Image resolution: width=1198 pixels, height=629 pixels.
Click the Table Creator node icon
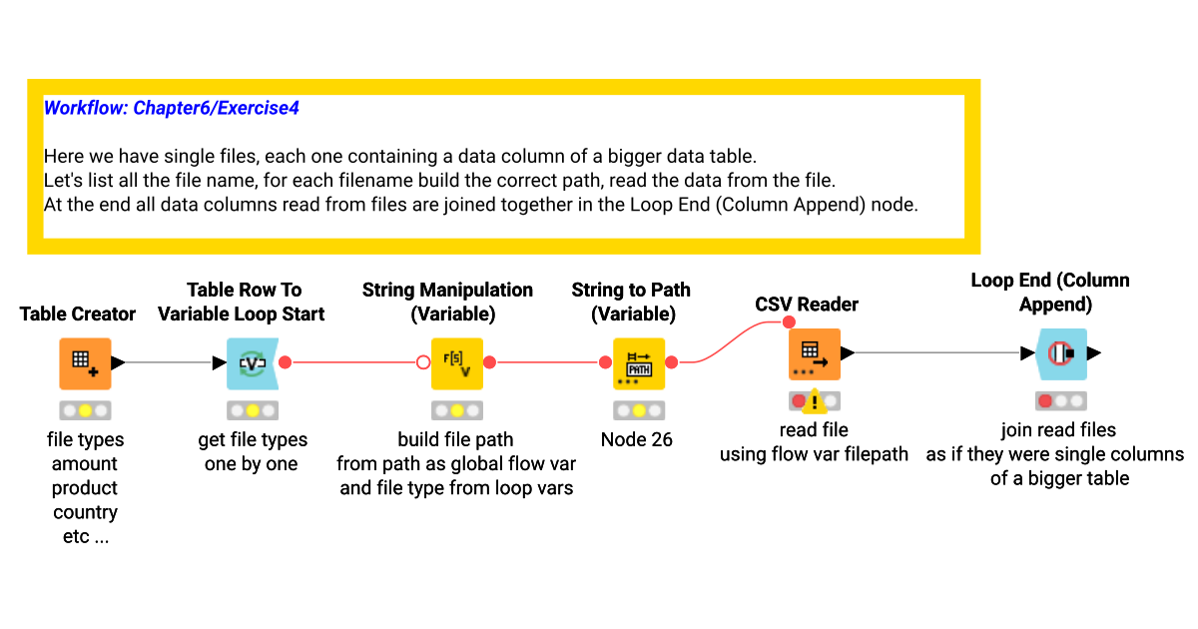(x=85, y=363)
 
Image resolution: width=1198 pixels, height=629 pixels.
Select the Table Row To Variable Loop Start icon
(x=252, y=363)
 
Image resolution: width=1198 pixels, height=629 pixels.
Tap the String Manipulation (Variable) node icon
(x=457, y=363)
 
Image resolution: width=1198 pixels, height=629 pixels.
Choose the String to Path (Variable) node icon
(x=638, y=363)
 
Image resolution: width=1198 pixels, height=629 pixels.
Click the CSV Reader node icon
(x=815, y=353)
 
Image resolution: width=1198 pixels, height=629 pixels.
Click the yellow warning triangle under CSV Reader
(x=815, y=401)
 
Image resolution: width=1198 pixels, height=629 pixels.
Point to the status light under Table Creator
(x=85, y=410)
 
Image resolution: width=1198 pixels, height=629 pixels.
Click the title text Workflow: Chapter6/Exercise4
(x=172, y=108)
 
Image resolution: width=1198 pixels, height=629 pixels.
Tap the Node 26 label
(x=637, y=439)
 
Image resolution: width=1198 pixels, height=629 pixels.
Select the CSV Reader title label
(x=807, y=305)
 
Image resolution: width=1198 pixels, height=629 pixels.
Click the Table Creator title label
(x=78, y=314)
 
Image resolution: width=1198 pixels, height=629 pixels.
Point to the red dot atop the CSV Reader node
(x=789, y=321)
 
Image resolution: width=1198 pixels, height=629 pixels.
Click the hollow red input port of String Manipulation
(x=423, y=363)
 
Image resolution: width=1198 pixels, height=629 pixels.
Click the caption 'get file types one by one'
(x=252, y=451)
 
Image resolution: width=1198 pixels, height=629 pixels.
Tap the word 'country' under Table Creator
(x=85, y=512)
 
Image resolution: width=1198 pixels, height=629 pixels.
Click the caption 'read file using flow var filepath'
(x=815, y=442)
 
